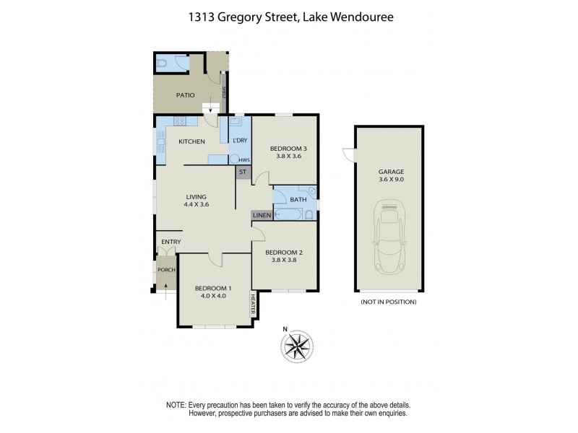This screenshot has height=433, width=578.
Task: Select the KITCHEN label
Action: point(192,141)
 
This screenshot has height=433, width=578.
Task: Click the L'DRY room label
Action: point(239,139)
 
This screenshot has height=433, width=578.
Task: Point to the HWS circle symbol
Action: point(233,159)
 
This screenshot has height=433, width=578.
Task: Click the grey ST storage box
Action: point(243,172)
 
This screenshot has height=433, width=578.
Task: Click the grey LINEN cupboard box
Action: point(262,215)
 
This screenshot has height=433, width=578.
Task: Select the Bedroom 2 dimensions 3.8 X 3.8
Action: point(284,261)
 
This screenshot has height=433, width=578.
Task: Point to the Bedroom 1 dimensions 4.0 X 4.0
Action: point(212,295)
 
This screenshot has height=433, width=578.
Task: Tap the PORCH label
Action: point(166,271)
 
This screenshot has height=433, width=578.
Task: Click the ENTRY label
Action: point(171,242)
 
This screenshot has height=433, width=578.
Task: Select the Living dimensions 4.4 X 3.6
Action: point(196,205)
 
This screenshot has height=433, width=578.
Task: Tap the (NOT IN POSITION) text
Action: point(388,302)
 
